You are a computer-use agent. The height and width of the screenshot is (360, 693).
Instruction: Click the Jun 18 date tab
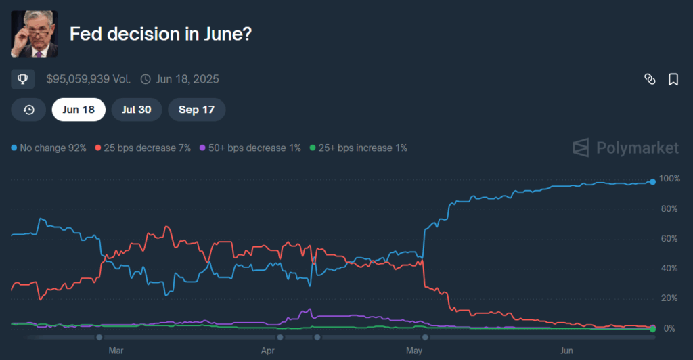[x=79, y=110]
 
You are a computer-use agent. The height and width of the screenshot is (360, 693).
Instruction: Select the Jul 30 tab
[x=136, y=110]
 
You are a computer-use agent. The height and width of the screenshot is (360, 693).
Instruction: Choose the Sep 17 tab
[x=196, y=110]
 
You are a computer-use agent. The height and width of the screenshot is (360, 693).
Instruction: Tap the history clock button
[x=28, y=110]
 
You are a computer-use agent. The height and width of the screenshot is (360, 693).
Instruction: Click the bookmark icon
[x=673, y=80]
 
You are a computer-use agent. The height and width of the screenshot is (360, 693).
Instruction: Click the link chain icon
[x=650, y=80]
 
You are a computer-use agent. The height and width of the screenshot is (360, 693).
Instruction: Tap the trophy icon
[x=23, y=79]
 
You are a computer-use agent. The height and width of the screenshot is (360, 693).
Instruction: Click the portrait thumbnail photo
[x=35, y=34]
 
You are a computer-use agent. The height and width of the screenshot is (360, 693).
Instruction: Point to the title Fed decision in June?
[x=162, y=34]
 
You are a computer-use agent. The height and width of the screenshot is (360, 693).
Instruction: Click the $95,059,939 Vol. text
[x=88, y=79]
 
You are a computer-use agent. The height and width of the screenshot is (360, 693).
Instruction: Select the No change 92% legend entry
[x=49, y=148]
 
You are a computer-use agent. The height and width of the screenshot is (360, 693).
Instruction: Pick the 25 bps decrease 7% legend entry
[x=143, y=148]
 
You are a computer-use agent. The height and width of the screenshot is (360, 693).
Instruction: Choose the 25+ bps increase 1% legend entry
[x=358, y=148]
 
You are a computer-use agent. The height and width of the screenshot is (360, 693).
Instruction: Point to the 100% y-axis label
[x=669, y=179]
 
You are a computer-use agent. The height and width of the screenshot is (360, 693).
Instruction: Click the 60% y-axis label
[x=669, y=239]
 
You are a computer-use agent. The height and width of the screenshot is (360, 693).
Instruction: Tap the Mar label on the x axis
[x=116, y=351]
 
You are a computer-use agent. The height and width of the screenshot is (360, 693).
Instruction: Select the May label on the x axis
[x=413, y=351]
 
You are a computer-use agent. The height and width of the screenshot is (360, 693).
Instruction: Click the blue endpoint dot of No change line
[x=652, y=181]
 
